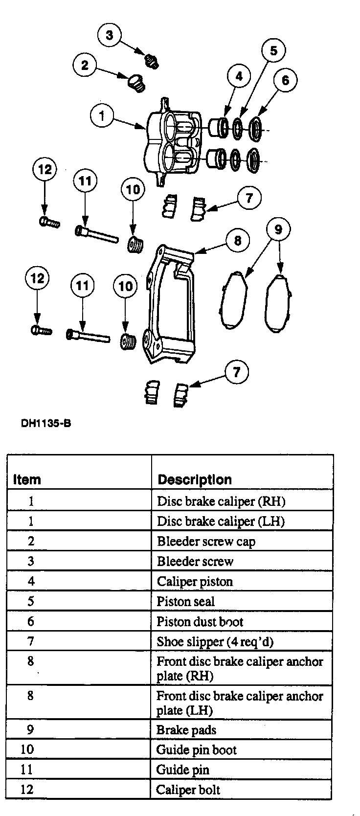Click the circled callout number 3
pyautogui.click(x=110, y=35)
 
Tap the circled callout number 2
pyautogui.click(x=85, y=65)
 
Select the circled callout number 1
pyautogui.click(x=102, y=116)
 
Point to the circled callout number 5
pyautogui.click(x=273, y=50)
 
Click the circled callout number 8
pyautogui.click(x=238, y=240)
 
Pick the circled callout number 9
pyautogui.click(x=278, y=229)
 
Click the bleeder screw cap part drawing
pyautogui.click(x=136, y=83)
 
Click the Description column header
pyautogui.click(x=194, y=479)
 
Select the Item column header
pyautogui.click(x=27, y=479)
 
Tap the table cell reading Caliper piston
pyautogui.click(x=195, y=582)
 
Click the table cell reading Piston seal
pyautogui.click(x=185, y=602)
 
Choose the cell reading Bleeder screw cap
pyautogui.click(x=206, y=542)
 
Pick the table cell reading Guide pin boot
pyautogui.click(x=196, y=750)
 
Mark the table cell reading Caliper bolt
pyautogui.click(x=188, y=790)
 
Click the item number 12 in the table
pyautogui.click(x=27, y=790)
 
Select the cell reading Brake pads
pyautogui.click(x=186, y=730)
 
